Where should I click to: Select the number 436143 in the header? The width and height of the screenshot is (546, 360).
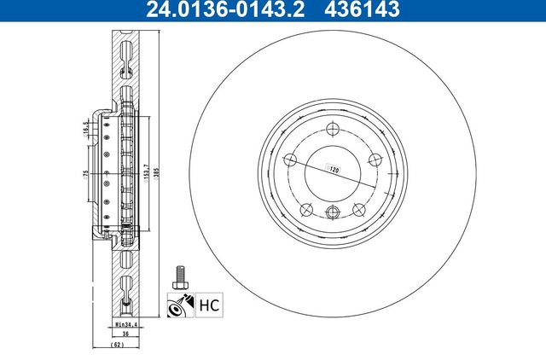373,10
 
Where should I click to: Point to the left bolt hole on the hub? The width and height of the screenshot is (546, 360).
290,160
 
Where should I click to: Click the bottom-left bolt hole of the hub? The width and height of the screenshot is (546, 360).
306,209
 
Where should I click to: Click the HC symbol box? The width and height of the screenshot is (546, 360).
208,302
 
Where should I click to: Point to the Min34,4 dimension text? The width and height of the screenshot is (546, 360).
125,325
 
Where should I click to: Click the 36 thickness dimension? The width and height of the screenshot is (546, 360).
125,335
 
